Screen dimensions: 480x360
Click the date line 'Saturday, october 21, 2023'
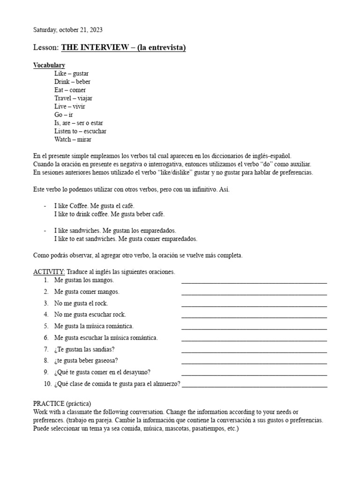point(67,30)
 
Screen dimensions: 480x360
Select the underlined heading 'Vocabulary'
point(49,65)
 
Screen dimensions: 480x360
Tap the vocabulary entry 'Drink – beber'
point(72,82)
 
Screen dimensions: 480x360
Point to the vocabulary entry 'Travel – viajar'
point(73,98)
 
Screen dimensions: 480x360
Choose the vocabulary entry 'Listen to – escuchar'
point(80,131)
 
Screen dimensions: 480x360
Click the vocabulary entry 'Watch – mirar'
point(73,139)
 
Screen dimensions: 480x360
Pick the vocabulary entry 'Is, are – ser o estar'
point(78,123)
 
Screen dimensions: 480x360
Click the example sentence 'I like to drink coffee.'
point(84,214)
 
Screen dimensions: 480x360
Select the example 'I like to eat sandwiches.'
point(86,239)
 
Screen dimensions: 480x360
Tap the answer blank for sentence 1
point(254,281)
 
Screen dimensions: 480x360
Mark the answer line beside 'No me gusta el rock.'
point(254,304)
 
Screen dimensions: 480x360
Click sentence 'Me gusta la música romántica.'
point(94,326)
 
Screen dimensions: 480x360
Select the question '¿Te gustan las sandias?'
point(84,349)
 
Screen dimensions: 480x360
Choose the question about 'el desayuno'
point(102,372)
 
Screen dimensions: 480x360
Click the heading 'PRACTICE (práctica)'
point(62,404)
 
